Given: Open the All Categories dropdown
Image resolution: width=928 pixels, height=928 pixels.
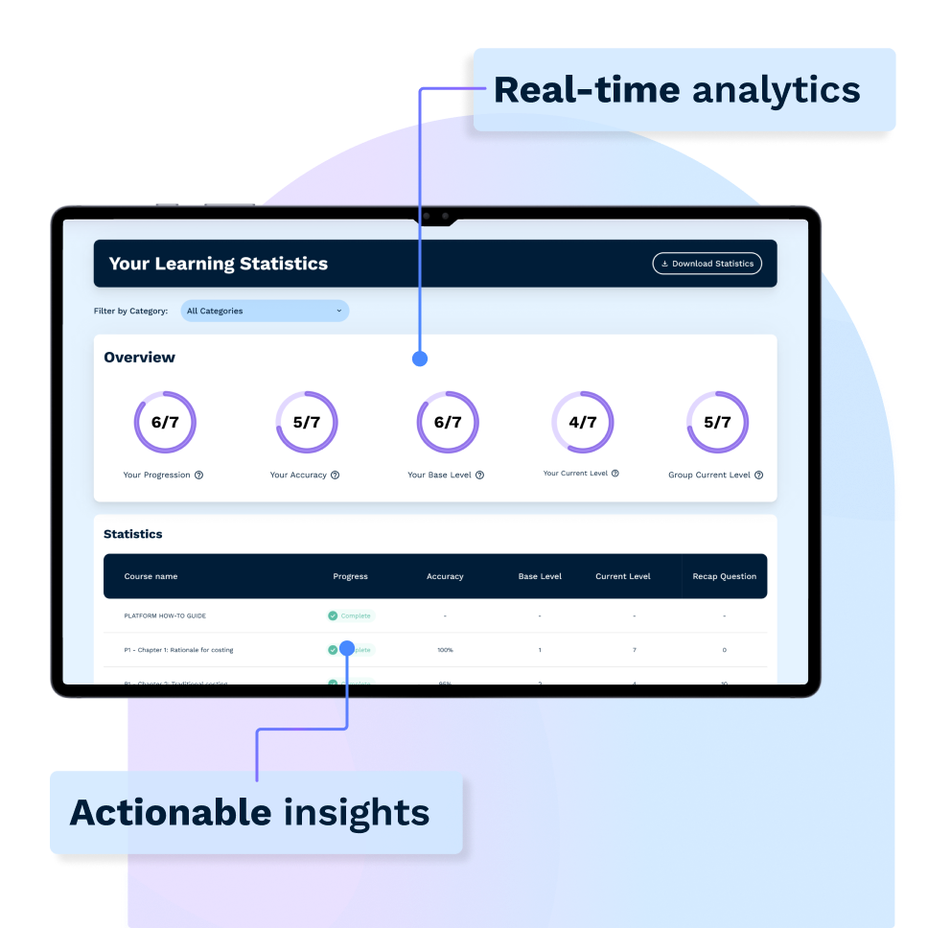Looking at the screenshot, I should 265,311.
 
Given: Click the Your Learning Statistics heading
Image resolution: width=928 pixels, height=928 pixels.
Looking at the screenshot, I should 219,264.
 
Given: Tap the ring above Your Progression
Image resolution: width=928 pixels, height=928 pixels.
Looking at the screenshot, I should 165,422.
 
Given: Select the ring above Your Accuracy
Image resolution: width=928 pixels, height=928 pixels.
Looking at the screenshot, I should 306,422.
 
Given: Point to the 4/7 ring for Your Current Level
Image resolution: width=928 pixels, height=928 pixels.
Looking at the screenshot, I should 582,422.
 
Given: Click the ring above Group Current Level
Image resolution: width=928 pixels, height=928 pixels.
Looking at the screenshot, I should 717,422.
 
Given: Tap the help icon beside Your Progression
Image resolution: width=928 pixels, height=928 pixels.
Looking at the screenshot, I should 198,475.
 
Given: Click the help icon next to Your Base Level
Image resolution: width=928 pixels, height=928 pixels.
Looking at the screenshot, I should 479,475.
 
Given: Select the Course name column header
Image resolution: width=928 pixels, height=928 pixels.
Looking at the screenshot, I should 151,576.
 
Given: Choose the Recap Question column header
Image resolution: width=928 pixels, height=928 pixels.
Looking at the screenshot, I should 724,576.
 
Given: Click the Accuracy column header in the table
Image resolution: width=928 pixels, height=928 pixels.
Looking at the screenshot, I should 445,576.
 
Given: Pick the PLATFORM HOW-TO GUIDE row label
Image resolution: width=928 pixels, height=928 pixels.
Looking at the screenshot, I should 165,615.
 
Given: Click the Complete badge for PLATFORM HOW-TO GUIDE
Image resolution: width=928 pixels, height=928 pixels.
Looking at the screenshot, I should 350,615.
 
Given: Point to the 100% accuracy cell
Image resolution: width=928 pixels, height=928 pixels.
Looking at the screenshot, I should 445,650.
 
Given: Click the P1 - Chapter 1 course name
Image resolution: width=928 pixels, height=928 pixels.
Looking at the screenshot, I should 178,650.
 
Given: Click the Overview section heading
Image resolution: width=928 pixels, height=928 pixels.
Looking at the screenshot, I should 140,358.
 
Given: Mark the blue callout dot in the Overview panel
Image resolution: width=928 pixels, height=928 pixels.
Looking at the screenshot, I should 419,359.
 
